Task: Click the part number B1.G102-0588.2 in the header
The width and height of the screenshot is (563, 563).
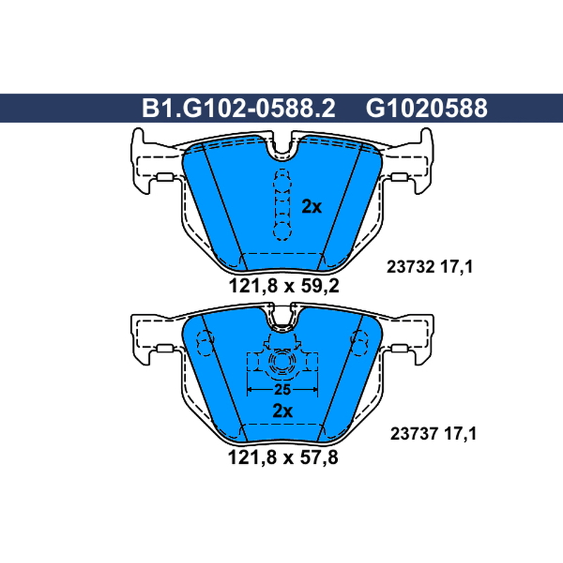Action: [x=239, y=108]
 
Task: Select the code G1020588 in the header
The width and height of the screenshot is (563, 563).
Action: [x=426, y=108]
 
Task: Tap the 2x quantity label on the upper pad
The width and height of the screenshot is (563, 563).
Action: [x=311, y=206]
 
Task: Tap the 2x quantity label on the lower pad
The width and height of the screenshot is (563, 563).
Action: [x=283, y=411]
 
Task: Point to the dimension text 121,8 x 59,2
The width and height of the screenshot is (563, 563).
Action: [x=284, y=286]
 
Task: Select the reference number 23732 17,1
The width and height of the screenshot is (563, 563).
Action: [x=430, y=267]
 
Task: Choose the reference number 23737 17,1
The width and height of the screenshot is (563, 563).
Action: [x=434, y=434]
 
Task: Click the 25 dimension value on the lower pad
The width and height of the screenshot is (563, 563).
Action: [x=282, y=390]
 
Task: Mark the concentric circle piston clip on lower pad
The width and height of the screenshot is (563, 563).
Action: [x=282, y=362]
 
